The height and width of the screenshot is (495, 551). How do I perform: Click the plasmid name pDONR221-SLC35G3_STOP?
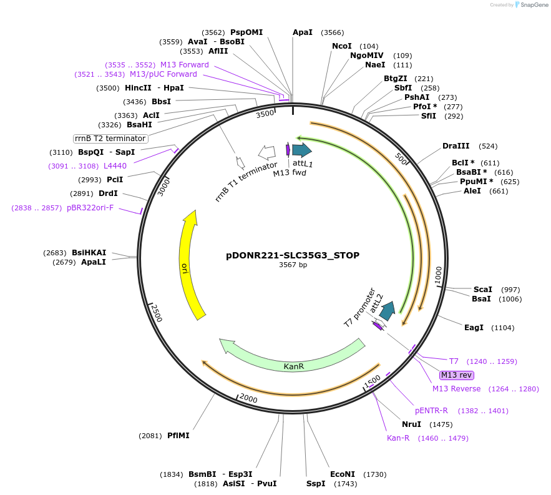(293, 255)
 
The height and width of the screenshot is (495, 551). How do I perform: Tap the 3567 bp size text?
(293, 265)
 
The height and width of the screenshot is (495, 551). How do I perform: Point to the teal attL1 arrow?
(302, 150)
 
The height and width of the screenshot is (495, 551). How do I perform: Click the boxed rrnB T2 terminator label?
(110, 139)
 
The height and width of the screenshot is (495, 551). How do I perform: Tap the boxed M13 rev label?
(457, 375)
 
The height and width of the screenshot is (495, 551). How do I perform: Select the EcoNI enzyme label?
(342, 474)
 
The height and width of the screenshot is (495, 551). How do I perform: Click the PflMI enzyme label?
(178, 436)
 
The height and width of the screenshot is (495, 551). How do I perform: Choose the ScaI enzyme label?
(483, 290)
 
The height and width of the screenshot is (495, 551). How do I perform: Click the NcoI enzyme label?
(342, 46)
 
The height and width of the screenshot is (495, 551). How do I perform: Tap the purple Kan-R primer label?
(398, 438)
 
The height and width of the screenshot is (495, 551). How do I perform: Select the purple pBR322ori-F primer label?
(90, 208)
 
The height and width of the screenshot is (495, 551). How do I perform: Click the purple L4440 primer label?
(115, 166)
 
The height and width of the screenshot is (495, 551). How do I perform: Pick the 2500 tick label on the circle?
(156, 313)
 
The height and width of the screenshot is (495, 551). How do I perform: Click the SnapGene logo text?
(534, 4)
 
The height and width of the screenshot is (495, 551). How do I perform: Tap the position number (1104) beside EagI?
(503, 328)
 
